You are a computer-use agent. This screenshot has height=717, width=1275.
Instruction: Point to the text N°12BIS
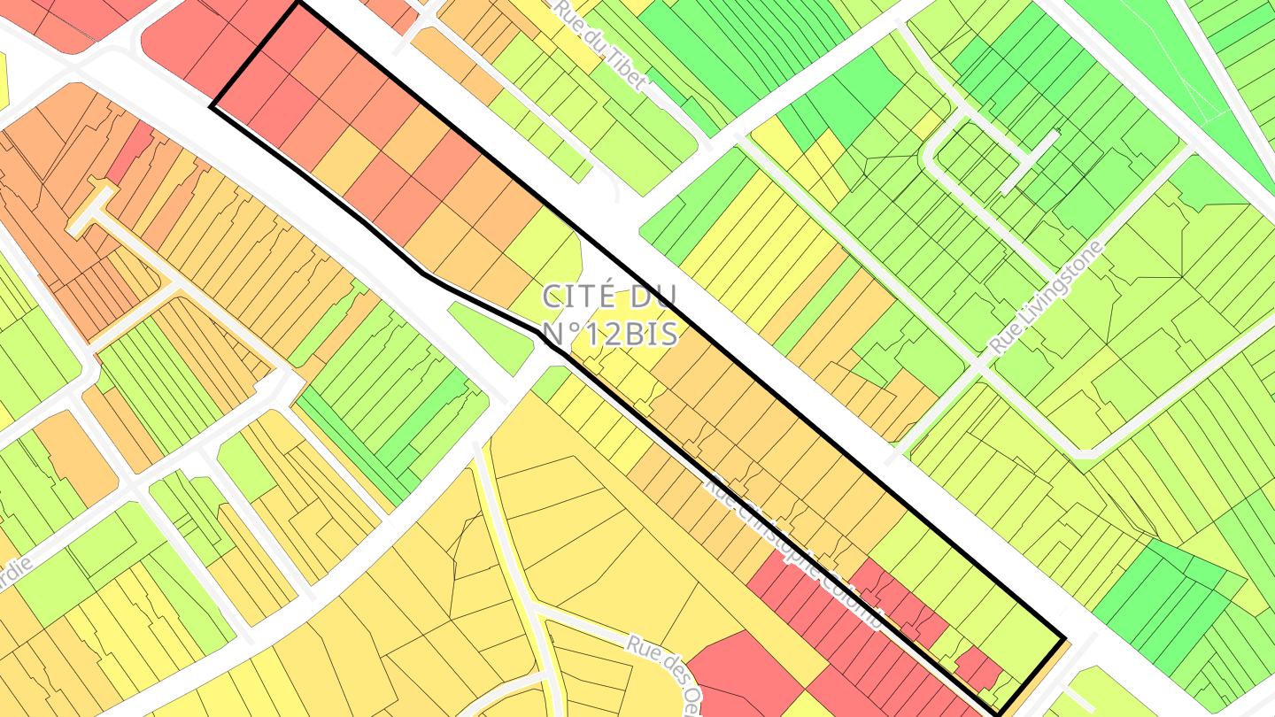click(x=610, y=334)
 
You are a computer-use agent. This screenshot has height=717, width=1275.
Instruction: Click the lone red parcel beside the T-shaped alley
click(x=130, y=152)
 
